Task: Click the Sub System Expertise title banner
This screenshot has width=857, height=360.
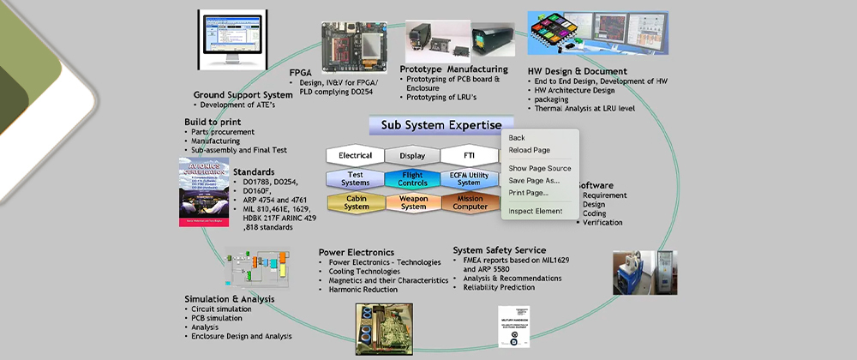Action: pos(434,126)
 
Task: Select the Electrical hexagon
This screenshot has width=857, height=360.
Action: pos(355,156)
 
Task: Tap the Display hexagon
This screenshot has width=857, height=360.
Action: pos(411,156)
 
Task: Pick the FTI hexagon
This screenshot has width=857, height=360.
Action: pos(468,156)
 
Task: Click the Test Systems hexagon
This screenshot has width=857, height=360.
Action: pos(355,179)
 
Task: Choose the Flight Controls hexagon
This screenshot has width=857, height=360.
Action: pos(411,179)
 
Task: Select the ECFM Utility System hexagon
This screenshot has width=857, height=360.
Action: pos(468,179)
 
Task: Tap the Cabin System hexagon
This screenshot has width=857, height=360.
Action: pos(355,202)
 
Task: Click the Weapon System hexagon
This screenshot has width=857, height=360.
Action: pos(411,202)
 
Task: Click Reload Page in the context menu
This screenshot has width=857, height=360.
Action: pos(529,150)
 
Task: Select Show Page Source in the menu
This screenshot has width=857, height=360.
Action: pos(539,168)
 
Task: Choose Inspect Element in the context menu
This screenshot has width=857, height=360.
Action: pos(535,211)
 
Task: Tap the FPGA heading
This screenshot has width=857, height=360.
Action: pos(300,71)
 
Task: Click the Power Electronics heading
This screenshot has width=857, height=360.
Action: pos(356,252)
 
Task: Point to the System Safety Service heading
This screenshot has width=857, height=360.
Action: pos(499,250)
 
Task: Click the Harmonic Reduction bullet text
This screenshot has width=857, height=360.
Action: pos(363,290)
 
